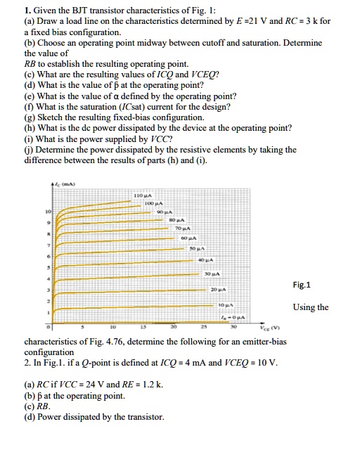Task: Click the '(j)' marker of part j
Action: click(29, 150)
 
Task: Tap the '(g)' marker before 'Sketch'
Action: click(30, 117)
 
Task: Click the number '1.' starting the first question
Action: click(27, 11)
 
